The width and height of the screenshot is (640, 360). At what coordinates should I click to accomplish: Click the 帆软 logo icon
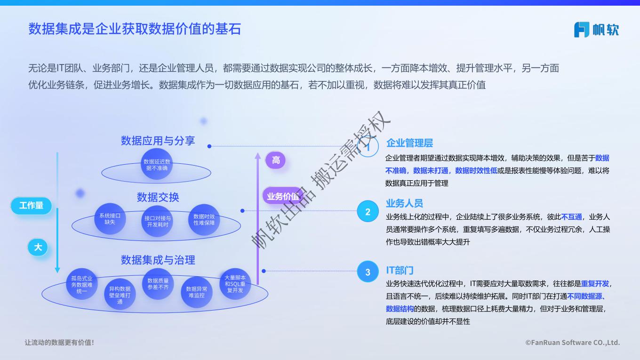[x=582, y=30]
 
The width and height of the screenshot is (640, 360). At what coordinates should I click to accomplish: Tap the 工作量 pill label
[x=31, y=206]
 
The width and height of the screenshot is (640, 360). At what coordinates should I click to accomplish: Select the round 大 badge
[x=38, y=247]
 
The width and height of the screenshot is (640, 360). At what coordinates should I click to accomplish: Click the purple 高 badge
[x=275, y=160]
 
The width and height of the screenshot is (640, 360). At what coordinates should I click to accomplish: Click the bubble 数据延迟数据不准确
[x=157, y=164]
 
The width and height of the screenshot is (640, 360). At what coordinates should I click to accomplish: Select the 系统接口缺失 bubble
[x=110, y=219]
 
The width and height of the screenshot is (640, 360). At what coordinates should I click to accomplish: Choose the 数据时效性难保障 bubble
[x=204, y=219]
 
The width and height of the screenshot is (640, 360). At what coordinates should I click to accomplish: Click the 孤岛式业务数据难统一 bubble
[x=82, y=284]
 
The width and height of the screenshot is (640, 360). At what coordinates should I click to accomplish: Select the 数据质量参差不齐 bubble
[x=158, y=284]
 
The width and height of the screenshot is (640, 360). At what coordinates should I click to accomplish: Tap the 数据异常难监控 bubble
[x=197, y=292]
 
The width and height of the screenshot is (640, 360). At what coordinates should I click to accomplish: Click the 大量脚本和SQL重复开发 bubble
[x=235, y=284]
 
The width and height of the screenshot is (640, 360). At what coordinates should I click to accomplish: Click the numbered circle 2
[x=368, y=211]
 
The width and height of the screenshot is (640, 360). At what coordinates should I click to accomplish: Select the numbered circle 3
[x=368, y=272]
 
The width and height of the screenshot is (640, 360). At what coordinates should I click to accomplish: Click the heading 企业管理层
[x=409, y=143]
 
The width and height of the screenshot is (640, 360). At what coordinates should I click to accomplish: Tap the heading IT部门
[x=400, y=270]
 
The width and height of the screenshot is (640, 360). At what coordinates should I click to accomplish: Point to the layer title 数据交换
[x=158, y=197]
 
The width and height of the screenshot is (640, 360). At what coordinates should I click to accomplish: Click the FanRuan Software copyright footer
[x=573, y=342]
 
